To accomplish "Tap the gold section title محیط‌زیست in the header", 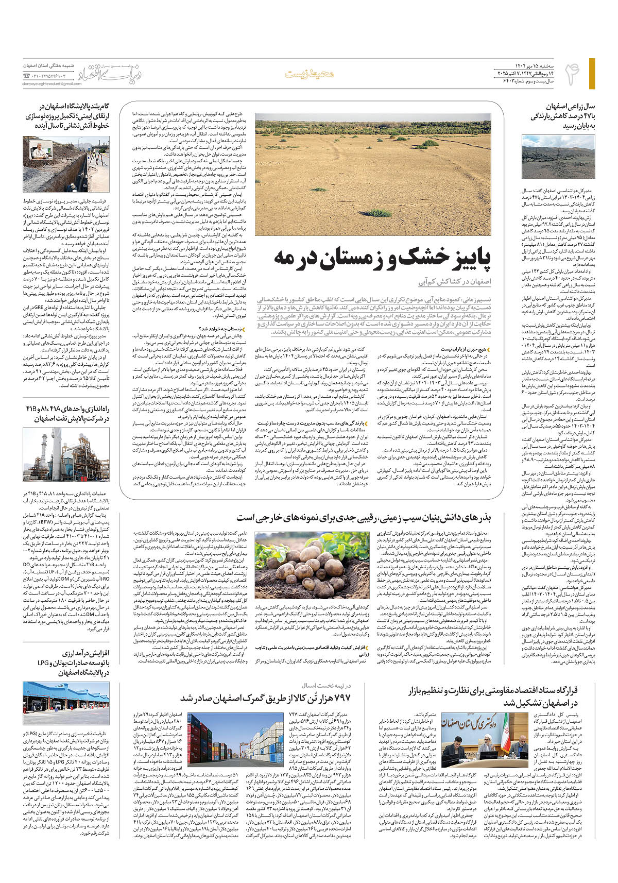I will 310,74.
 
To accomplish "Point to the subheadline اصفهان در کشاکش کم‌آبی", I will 455,282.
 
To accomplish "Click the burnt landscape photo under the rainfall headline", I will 551,157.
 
